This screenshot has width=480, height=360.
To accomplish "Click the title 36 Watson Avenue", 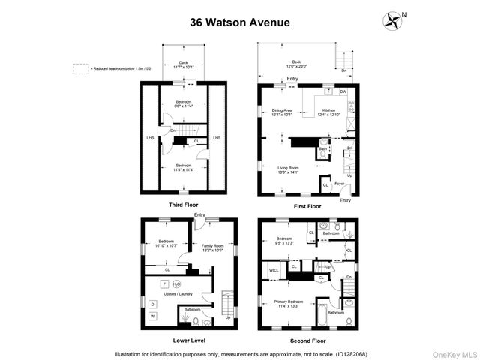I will (x=239, y=22).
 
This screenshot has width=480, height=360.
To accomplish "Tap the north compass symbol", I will (x=392, y=19).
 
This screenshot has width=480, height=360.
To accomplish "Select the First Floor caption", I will (x=307, y=205).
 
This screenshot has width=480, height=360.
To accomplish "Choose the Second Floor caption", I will (x=307, y=340).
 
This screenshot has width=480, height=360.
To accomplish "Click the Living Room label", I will (x=283, y=170).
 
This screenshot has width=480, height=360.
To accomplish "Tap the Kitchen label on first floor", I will (x=329, y=112).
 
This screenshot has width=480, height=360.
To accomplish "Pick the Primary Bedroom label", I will (x=284, y=304).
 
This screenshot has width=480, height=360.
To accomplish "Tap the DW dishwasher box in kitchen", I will (x=343, y=91).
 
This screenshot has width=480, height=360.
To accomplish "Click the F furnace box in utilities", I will (x=163, y=284).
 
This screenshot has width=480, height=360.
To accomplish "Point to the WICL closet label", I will (x=274, y=270).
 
